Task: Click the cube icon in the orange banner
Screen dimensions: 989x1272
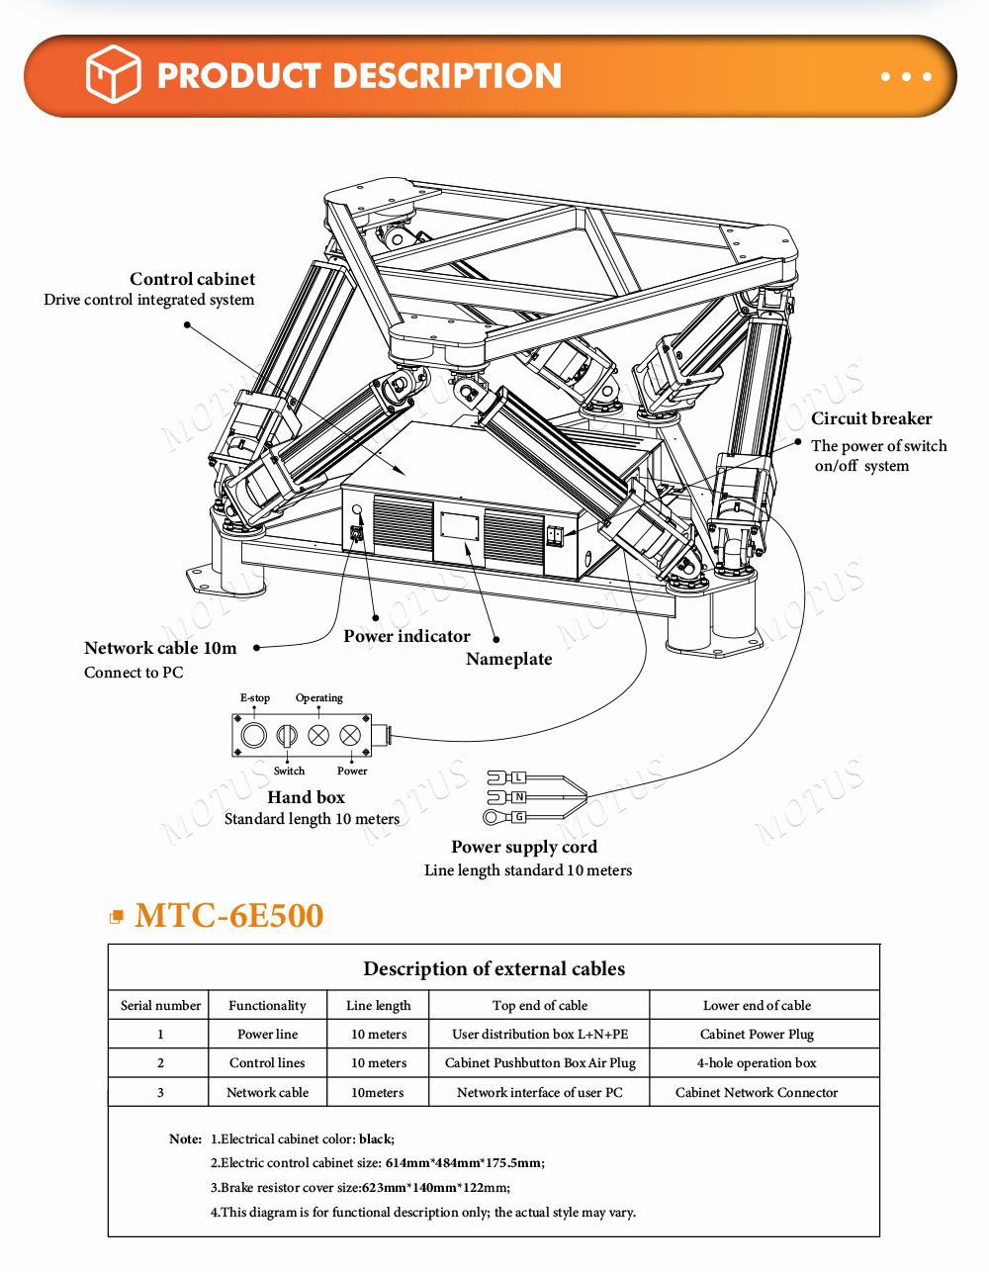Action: pos(113,74)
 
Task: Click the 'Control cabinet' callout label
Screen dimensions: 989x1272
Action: pos(193,279)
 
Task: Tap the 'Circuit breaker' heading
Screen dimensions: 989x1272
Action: pos(871,418)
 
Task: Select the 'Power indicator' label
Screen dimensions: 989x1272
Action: pos(406,636)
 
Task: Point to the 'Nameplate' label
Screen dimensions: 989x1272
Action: pos(509,659)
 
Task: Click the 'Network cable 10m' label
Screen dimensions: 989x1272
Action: pos(160,648)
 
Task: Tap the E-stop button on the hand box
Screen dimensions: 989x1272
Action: pos(254,735)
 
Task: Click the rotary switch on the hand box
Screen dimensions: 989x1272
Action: pos(287,735)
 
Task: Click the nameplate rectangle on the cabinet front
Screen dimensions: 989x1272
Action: pos(459,525)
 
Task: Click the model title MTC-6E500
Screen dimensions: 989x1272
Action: pos(228,916)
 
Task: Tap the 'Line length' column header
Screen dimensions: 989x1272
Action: pos(379,1006)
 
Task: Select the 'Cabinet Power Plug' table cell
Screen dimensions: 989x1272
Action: pos(757,1035)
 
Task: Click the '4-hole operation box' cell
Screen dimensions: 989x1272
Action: pos(757,1063)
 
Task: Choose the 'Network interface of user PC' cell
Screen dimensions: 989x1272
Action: pos(540,1092)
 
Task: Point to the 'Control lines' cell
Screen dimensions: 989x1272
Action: pos(267,1063)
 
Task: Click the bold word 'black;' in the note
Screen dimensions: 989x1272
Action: pos(377,1138)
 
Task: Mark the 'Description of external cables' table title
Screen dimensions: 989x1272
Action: pos(494,968)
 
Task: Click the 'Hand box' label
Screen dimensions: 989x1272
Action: pos(306,797)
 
